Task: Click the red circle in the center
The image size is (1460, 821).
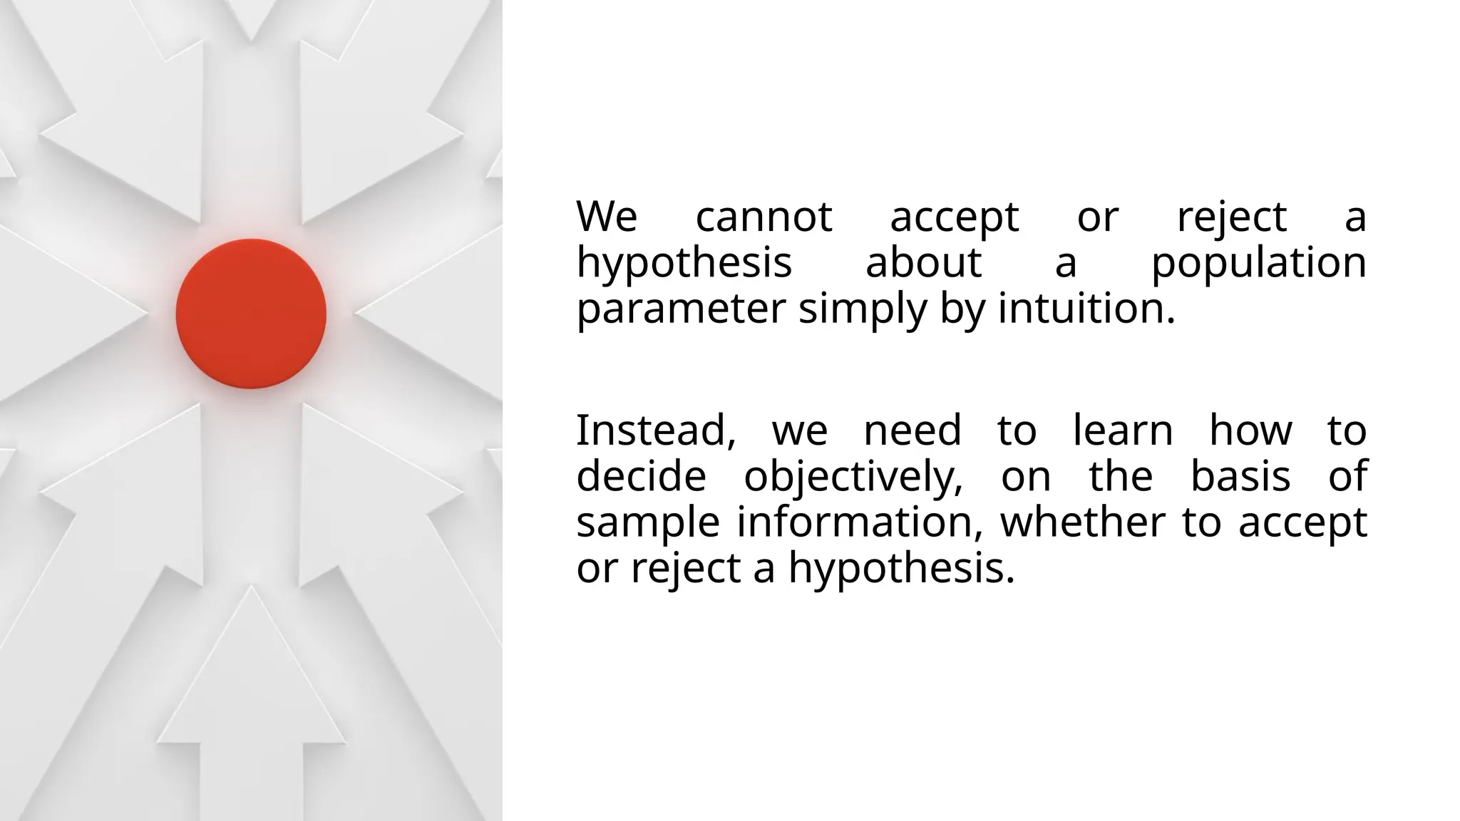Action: pyautogui.click(x=251, y=314)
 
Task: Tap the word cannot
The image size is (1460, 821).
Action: pyautogui.click(x=764, y=217)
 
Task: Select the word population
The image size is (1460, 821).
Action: pyautogui.click(x=1258, y=263)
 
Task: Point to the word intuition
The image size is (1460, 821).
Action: pyautogui.click(x=1086, y=309)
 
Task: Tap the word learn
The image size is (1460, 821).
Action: pyautogui.click(x=1123, y=430)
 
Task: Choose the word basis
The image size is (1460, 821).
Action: pyautogui.click(x=1240, y=477)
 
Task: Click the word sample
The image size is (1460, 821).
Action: pyautogui.click(x=648, y=522)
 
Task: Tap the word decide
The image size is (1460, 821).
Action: pyautogui.click(x=641, y=477)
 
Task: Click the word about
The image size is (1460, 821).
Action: pyautogui.click(x=923, y=263)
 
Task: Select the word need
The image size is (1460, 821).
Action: pyautogui.click(x=912, y=430)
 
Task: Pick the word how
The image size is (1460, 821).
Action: pyautogui.click(x=1250, y=430)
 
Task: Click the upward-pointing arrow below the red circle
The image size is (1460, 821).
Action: pyautogui.click(x=251, y=684)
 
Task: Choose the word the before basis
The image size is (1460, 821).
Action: pyautogui.click(x=1121, y=477)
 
